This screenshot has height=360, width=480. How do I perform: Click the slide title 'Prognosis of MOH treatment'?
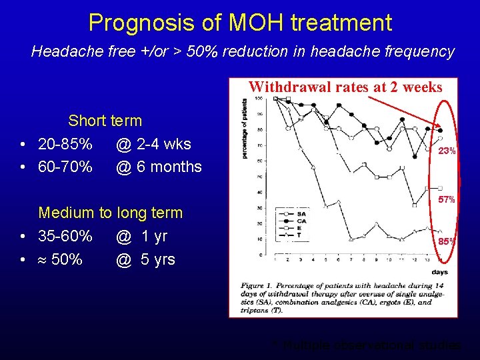tap(240, 23)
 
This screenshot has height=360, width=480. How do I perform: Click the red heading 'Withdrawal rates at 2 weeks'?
tap(345, 87)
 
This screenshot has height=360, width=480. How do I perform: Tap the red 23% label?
tap(446, 151)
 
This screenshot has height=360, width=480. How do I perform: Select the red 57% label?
tap(446, 199)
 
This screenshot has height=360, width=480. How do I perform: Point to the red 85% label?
tap(446, 241)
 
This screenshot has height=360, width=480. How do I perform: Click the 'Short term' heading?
tap(105, 121)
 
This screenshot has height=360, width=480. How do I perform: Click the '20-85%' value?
tap(65, 144)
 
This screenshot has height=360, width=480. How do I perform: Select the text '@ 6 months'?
tap(159, 167)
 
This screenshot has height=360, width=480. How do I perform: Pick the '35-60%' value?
tap(65, 236)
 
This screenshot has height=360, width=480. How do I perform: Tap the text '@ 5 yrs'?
tap(145, 259)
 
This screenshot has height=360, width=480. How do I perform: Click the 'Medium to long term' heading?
tap(110, 213)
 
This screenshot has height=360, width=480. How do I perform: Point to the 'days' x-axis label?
tap(439, 272)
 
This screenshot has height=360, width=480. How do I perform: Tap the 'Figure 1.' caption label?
tap(257, 286)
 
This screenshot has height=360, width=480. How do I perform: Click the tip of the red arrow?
tap(441, 129)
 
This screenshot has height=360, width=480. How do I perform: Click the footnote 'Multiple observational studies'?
tap(371, 345)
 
